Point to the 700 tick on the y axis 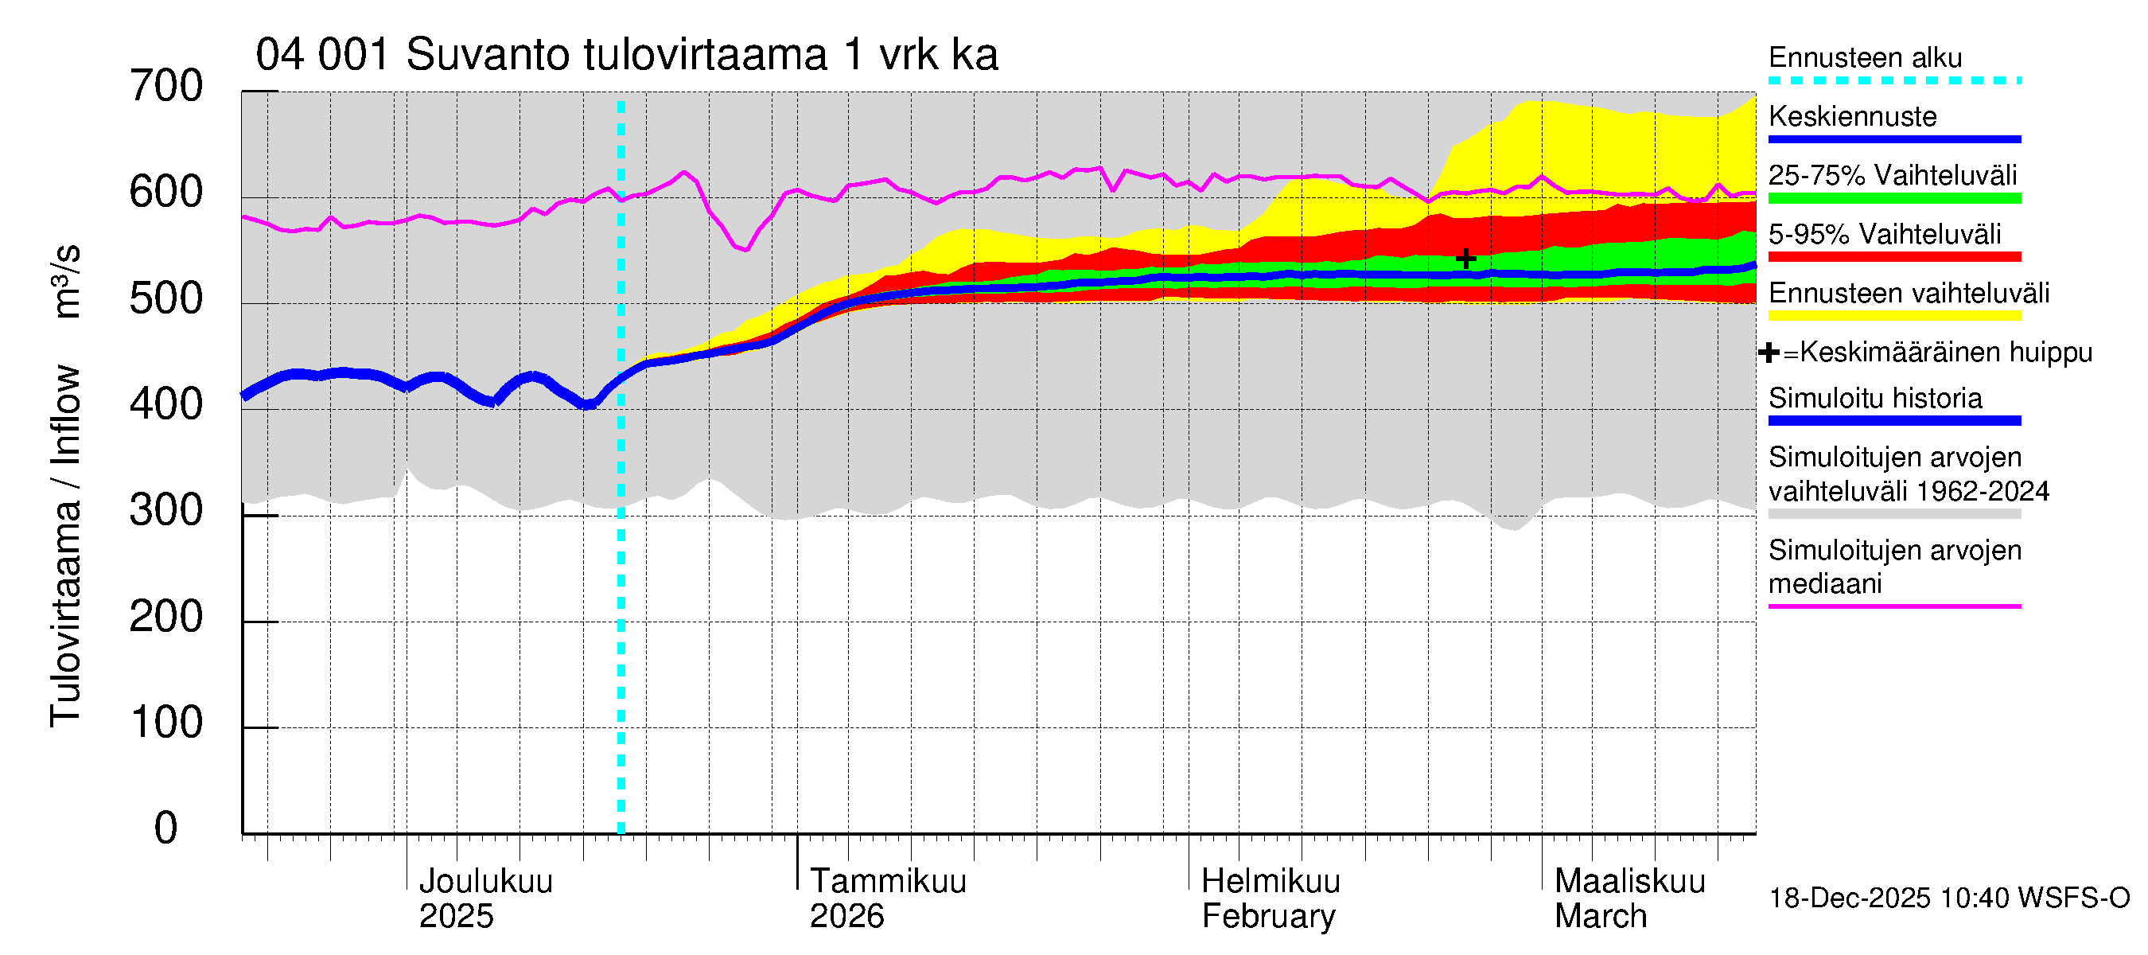[x=166, y=87]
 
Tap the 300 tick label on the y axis [x=166, y=510]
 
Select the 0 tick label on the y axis [x=166, y=828]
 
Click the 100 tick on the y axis [x=166, y=723]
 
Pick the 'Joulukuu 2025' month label [x=485, y=898]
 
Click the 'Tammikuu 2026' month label [x=887, y=898]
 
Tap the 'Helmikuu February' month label [x=1270, y=898]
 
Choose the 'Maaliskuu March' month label [x=1629, y=898]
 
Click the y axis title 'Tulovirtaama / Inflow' [x=65, y=546]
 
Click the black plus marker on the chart [x=1465, y=259]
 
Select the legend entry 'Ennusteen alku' [x=1865, y=58]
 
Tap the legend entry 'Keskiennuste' [x=1852, y=117]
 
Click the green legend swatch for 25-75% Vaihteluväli [x=1893, y=198]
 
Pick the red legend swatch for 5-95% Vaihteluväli [x=1893, y=257]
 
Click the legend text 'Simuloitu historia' [x=1874, y=399]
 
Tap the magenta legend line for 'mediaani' [x=1893, y=606]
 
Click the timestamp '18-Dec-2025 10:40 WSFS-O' [x=1948, y=898]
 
